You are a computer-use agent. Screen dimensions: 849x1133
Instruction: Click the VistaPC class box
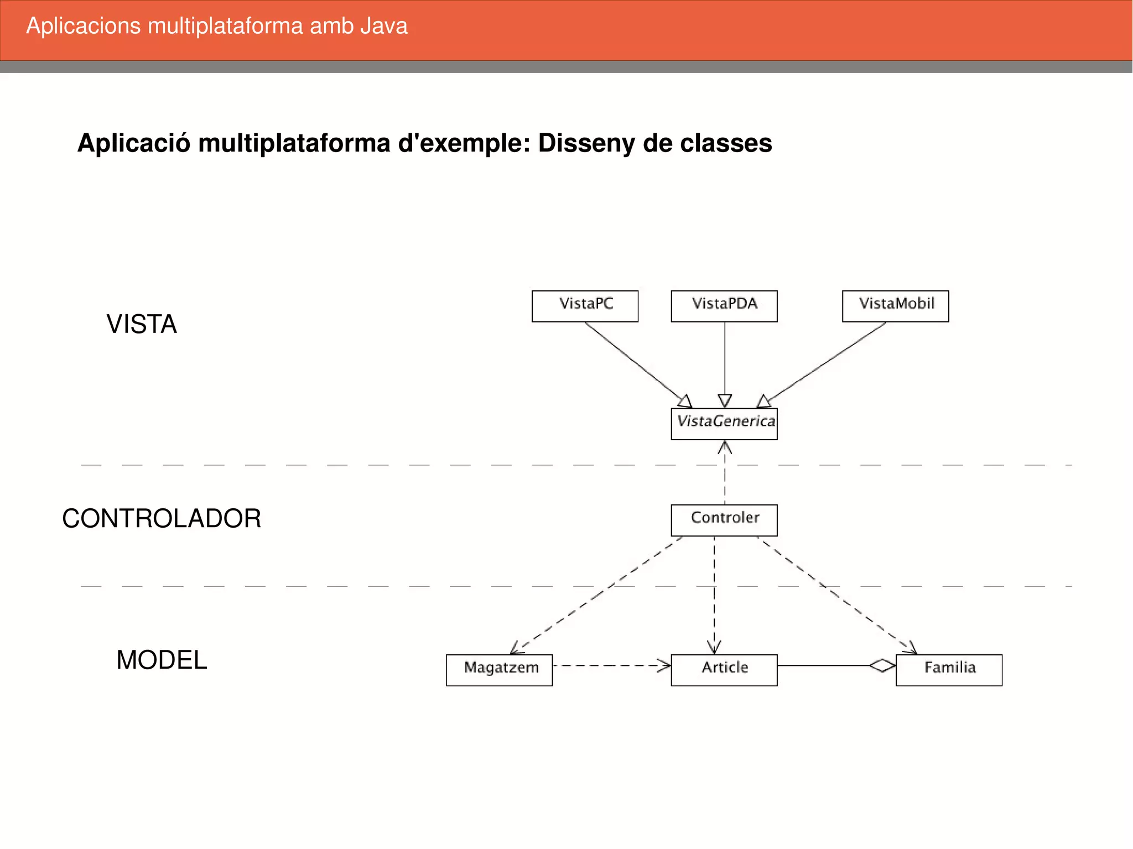[585, 306]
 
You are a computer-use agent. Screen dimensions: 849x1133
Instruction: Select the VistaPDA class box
[724, 306]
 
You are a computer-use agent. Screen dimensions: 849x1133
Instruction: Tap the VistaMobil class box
[895, 306]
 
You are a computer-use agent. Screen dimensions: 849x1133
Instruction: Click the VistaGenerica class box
[724, 424]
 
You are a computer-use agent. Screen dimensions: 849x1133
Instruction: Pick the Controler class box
[724, 520]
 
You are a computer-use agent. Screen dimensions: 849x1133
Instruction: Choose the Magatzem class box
[499, 670]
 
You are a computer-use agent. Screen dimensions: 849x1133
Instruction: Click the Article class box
[724, 670]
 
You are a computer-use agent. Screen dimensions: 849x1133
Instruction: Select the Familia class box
[949, 670]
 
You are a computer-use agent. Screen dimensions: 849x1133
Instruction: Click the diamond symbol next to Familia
[882, 665]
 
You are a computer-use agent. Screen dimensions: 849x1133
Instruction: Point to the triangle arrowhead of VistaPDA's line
[725, 400]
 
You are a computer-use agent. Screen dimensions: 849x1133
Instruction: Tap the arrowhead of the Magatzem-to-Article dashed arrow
[664, 665]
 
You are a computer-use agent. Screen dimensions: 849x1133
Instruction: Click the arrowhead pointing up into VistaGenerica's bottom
[725, 446]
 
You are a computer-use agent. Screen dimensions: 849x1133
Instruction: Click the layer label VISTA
[142, 324]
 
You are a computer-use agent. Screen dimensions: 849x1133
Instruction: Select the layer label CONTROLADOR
[161, 519]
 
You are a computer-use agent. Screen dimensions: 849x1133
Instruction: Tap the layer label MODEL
[162, 660]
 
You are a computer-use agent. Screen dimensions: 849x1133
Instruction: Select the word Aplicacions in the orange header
[84, 26]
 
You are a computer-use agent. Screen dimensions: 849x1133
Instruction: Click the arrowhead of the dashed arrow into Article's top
[714, 648]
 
